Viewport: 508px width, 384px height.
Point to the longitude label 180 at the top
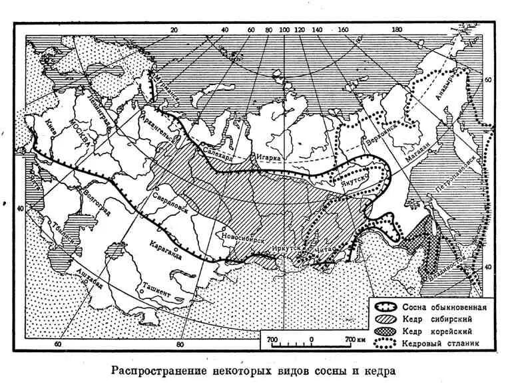[x=397, y=31]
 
